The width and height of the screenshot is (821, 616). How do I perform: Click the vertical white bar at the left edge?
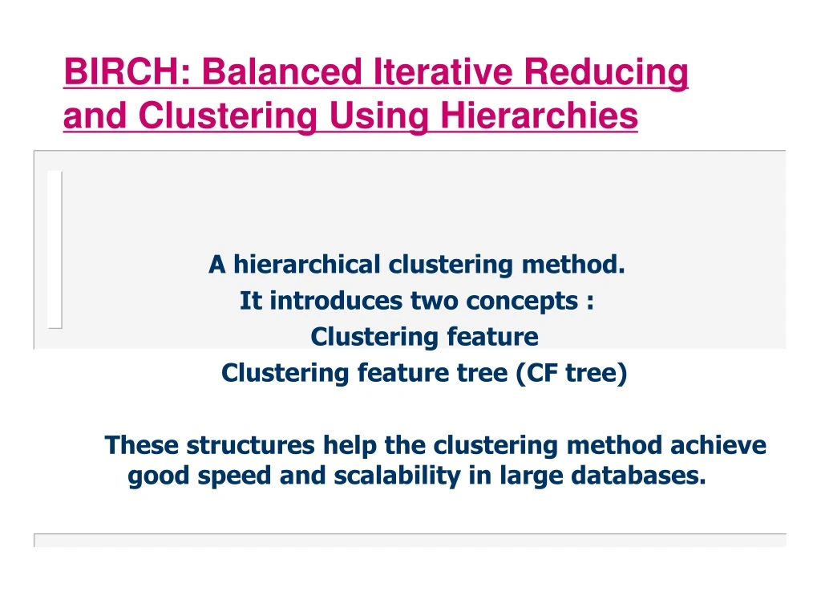click(x=55, y=249)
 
